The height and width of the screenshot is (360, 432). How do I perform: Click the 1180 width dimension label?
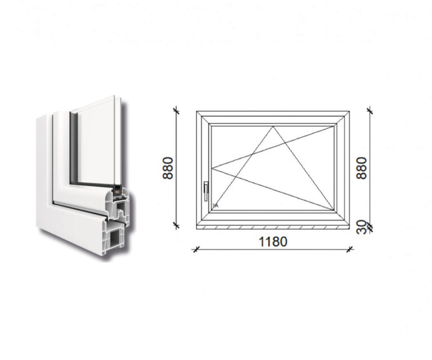tap(273, 241)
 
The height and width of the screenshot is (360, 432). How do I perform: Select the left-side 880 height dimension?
tap(168, 168)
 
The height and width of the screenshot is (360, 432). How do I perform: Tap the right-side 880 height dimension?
tap(362, 168)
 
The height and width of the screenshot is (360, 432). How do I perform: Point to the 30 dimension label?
tap(361, 227)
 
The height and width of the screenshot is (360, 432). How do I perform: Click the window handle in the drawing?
tap(206, 191)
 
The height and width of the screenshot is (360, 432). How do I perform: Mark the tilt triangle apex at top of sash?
tap(273, 127)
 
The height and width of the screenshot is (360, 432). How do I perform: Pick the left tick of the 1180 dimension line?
tap(196, 250)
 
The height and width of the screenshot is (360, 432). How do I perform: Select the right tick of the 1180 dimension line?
tap(350, 250)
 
